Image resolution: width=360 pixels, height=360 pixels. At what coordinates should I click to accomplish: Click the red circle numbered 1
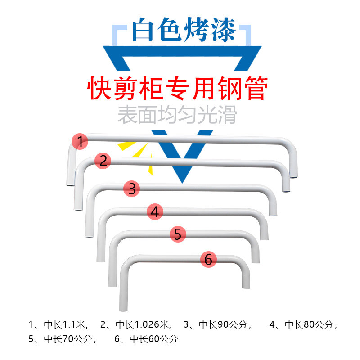80,142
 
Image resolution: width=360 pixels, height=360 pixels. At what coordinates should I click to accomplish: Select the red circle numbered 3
132,189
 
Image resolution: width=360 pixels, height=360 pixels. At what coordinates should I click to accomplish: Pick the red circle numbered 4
155,211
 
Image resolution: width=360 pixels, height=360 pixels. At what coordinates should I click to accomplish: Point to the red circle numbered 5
178,234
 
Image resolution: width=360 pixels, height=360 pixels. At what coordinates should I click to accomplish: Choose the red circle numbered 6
208,259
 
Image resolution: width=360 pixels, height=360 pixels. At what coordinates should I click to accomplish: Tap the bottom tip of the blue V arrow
182,181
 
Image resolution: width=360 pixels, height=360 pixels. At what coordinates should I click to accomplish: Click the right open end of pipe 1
293,177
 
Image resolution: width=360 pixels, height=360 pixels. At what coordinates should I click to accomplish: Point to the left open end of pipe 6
121,310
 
